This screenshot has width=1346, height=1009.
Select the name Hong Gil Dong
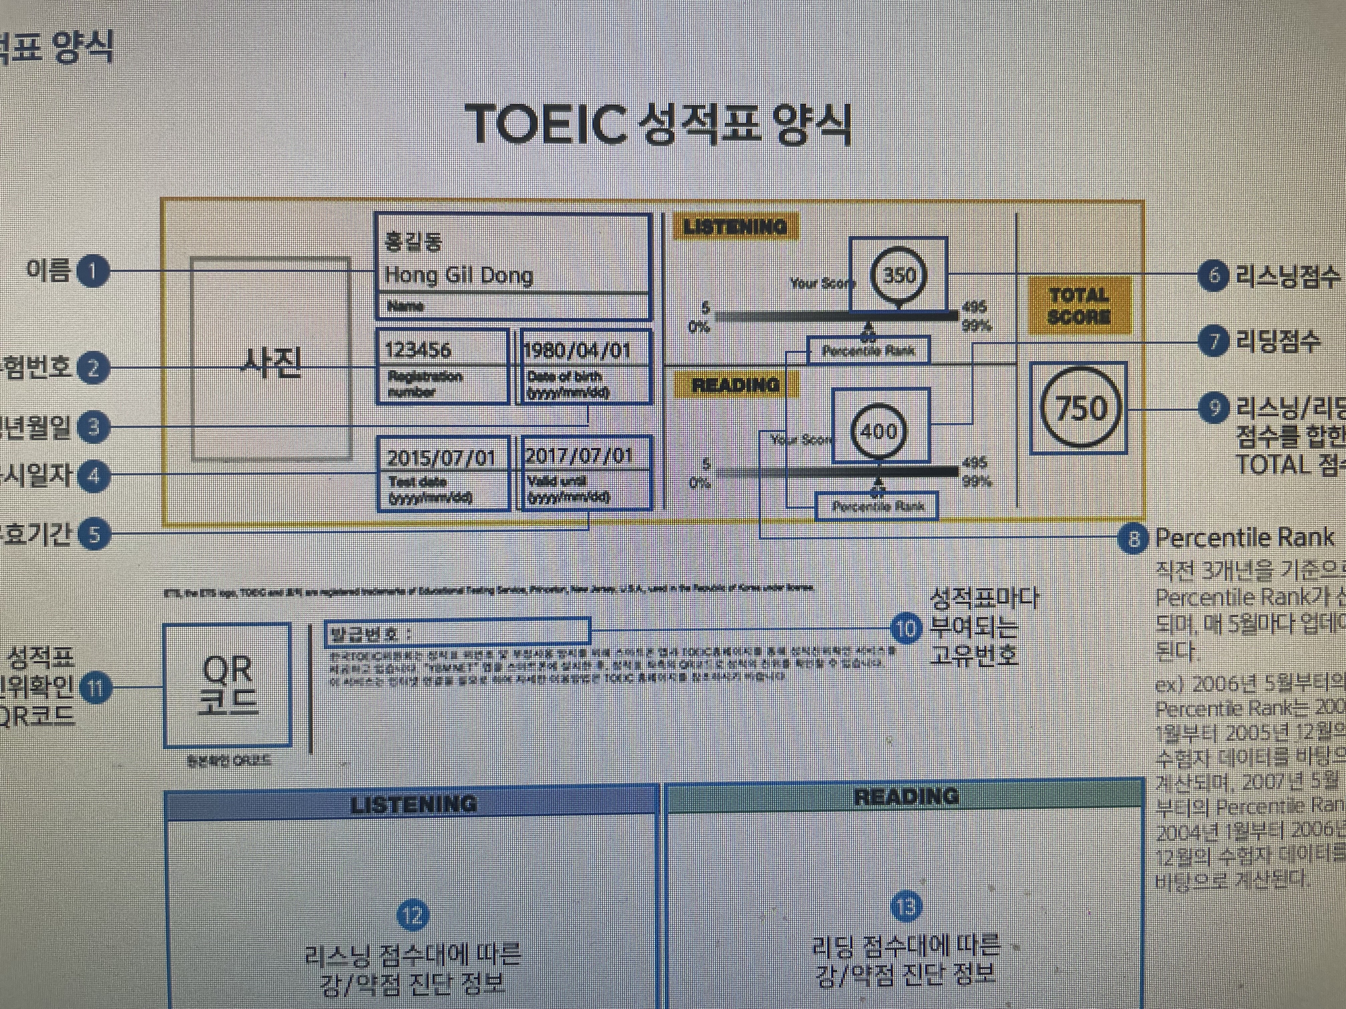tap(459, 276)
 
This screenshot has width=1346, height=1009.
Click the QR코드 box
tap(227, 684)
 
